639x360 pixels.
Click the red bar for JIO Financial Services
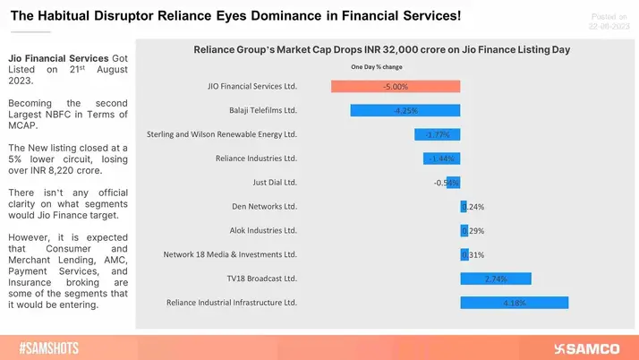pos(396,87)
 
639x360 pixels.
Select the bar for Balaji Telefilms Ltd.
pos(405,111)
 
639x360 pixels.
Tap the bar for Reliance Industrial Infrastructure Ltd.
pos(514,303)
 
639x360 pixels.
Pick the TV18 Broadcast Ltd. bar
pos(495,279)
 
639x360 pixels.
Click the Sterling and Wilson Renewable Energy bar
pos(437,134)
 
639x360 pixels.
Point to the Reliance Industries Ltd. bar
pos(441,159)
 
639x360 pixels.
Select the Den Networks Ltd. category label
pos(264,207)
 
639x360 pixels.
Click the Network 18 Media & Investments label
pos(230,254)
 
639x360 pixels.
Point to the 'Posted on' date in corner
pos(603,20)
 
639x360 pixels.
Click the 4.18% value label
pos(514,303)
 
